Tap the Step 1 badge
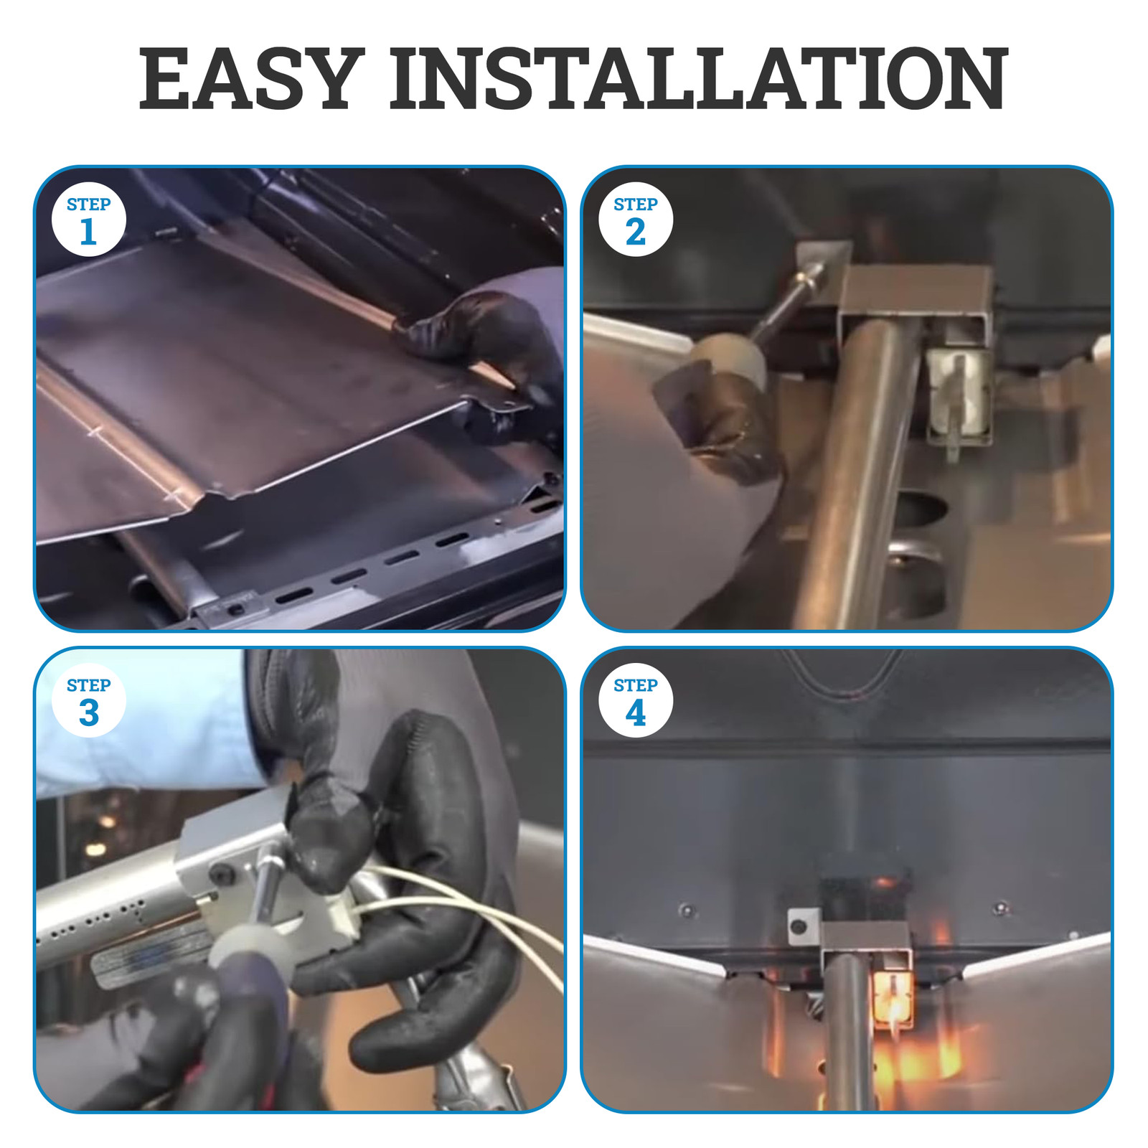click(x=89, y=220)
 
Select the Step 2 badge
click(x=636, y=220)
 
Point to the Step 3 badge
click(x=89, y=701)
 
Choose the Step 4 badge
click(x=636, y=701)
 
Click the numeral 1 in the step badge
click(x=88, y=232)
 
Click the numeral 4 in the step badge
click(x=636, y=713)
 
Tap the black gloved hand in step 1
click(x=488, y=359)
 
